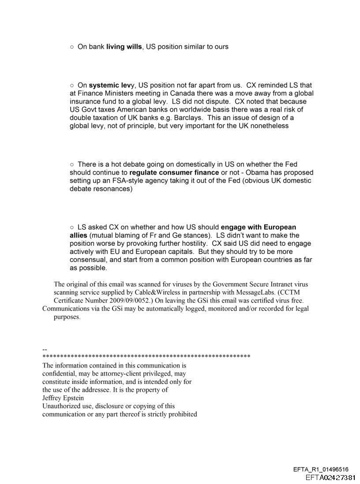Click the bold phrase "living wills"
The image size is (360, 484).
[x=124, y=46]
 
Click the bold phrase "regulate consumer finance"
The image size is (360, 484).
[x=174, y=173]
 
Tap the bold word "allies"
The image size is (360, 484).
[x=79, y=236]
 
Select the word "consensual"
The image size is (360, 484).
[x=88, y=260]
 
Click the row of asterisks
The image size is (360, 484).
[x=146, y=356]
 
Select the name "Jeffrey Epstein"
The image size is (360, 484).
[x=63, y=398]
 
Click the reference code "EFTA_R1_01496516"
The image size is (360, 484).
[x=321, y=469]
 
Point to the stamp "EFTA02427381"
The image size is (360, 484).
[x=330, y=477]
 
